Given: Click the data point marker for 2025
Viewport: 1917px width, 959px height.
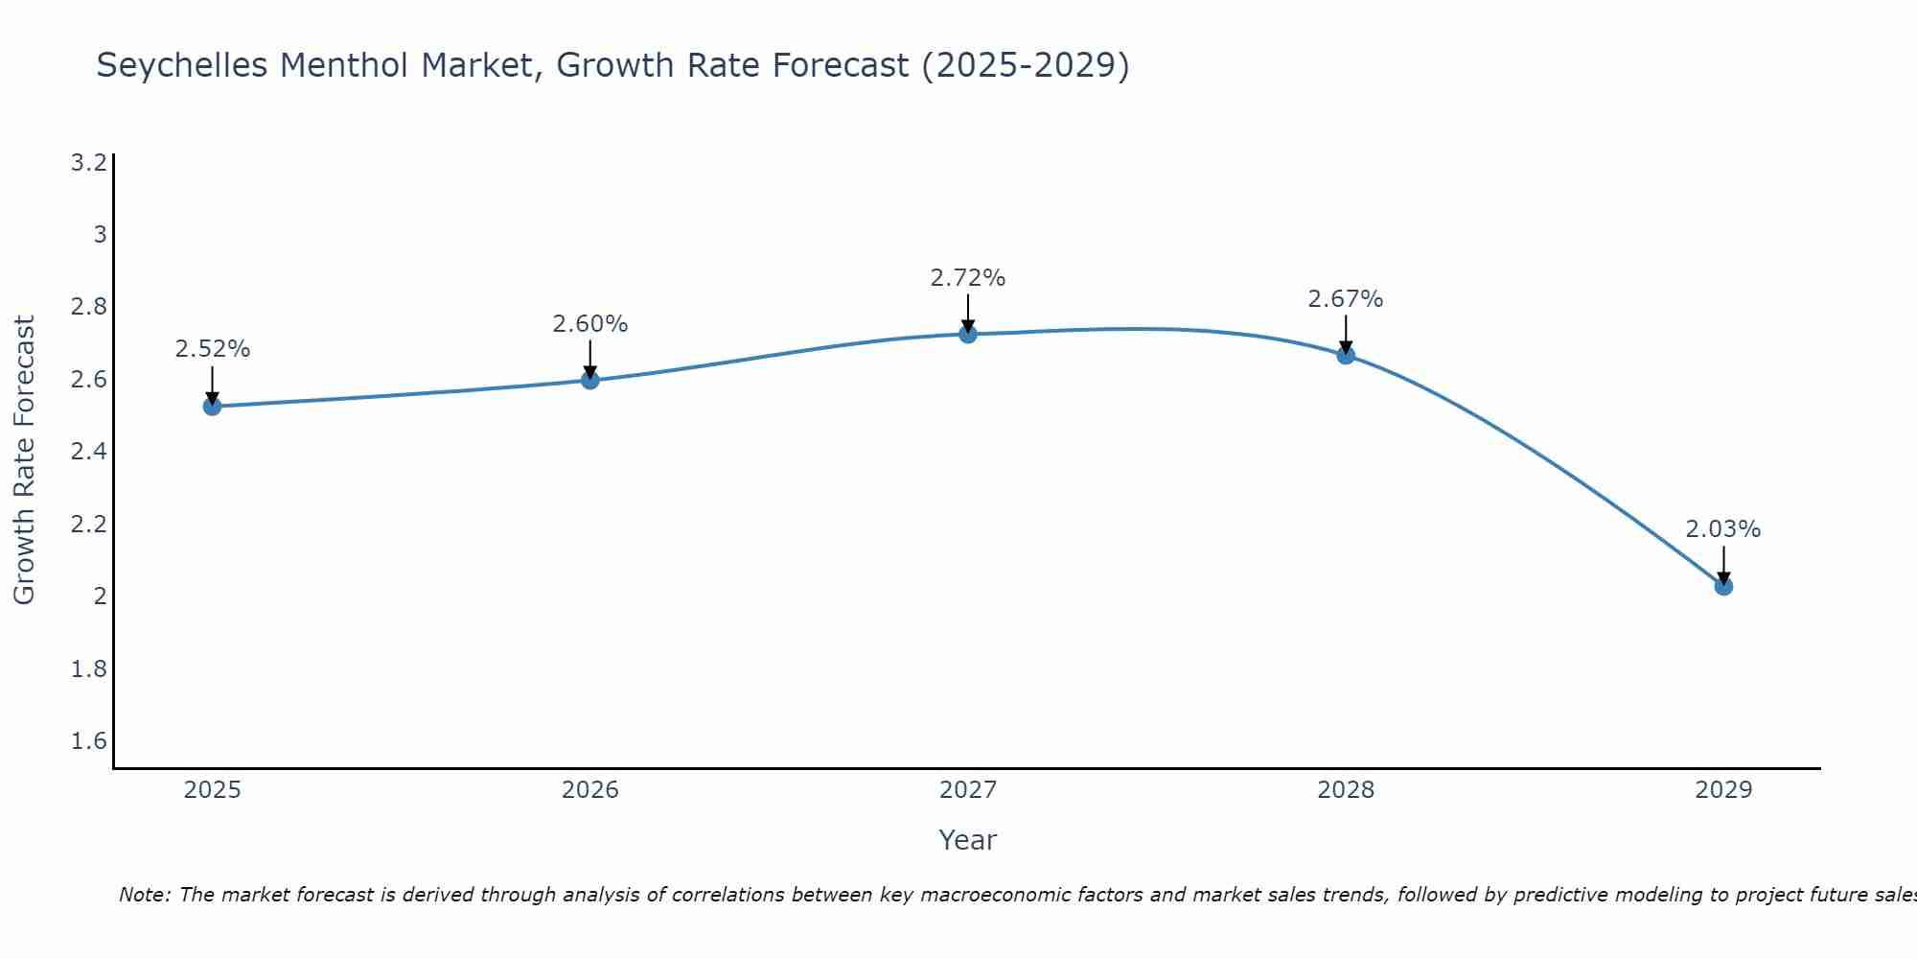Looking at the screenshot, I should [x=212, y=407].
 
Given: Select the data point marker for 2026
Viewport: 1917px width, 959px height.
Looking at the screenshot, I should [x=590, y=381].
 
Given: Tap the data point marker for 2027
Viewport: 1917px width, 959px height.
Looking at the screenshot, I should [x=968, y=334].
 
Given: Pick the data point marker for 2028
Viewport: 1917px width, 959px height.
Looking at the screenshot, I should [x=1346, y=355].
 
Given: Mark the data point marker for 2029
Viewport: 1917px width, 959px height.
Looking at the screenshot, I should [x=1723, y=586].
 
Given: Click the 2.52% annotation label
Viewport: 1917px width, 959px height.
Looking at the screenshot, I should [x=212, y=349].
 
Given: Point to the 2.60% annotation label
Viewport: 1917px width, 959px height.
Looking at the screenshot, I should [x=590, y=324].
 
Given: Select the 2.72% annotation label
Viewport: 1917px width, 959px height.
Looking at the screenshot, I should [x=968, y=278].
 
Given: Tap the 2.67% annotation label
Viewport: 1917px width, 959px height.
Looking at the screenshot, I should [x=1346, y=299].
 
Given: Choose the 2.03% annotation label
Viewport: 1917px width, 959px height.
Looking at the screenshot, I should [x=1723, y=529].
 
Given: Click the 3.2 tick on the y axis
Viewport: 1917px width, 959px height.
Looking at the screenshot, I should [x=89, y=163].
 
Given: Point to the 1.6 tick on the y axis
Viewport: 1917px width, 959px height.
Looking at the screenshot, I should [x=89, y=741].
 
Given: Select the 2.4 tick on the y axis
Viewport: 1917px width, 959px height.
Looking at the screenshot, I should [x=89, y=452].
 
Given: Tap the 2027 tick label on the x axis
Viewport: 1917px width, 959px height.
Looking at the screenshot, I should [x=968, y=790].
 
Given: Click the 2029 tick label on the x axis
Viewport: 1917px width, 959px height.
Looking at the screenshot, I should [x=1723, y=790].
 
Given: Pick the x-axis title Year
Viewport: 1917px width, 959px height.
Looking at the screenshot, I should [x=968, y=840].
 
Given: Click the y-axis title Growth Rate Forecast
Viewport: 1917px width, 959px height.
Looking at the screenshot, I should [x=24, y=460].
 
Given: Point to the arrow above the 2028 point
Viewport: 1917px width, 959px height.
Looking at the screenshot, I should [x=1346, y=333].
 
